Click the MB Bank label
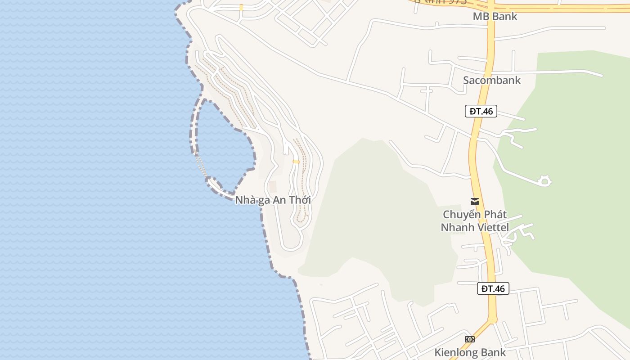click(x=495, y=17)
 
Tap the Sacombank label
click(x=491, y=80)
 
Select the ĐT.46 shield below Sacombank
click(x=481, y=111)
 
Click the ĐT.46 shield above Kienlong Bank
click(x=493, y=288)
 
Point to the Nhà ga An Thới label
click(x=273, y=200)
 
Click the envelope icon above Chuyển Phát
click(x=474, y=202)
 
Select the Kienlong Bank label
click(x=470, y=352)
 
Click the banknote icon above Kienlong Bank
click(x=469, y=339)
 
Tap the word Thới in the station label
click(x=300, y=200)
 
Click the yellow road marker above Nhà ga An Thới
click(x=296, y=162)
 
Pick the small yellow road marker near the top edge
click(x=241, y=7)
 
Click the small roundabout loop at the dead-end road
click(x=544, y=181)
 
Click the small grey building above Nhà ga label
click(x=273, y=186)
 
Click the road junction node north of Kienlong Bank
click(x=492, y=319)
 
